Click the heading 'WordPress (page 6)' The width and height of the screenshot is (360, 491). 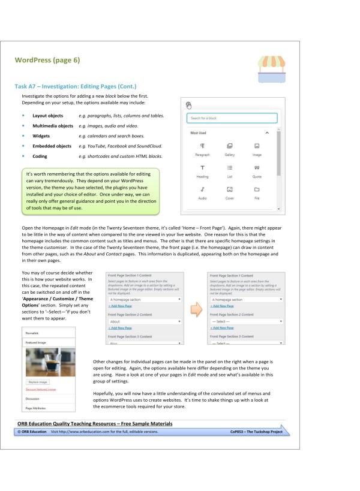click(x=47, y=60)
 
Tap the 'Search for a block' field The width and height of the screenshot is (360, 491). click(x=232, y=118)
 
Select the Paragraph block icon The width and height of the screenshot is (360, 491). click(x=202, y=146)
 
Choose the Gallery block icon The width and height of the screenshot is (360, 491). click(x=230, y=146)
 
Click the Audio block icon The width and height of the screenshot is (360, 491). click(x=202, y=189)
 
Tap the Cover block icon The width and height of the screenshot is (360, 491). click(x=230, y=189)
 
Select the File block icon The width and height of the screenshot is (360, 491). click(x=257, y=189)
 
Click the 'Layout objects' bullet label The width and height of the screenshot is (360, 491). click(x=47, y=115)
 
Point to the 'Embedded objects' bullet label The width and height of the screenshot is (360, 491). click(x=52, y=146)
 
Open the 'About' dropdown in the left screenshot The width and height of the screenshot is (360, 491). click(x=145, y=321)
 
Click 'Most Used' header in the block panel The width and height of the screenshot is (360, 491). click(x=199, y=132)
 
